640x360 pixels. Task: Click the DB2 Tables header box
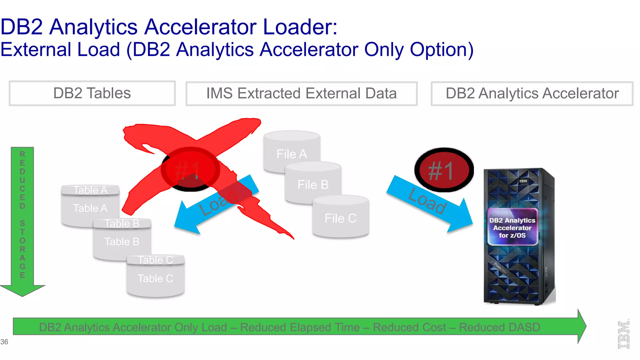(92, 93)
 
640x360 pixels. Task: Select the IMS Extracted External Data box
(301, 93)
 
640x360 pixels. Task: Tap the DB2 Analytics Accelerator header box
(532, 93)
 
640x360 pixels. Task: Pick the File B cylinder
(313, 184)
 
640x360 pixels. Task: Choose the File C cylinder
(341, 218)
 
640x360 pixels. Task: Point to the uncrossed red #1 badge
(444, 170)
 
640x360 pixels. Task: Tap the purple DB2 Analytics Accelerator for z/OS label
(512, 227)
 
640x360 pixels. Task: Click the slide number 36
(4, 342)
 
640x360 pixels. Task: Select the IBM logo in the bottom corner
(623, 335)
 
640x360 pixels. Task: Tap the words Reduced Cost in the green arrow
(409, 327)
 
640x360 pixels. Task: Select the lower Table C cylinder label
(155, 278)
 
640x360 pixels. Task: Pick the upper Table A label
(90, 190)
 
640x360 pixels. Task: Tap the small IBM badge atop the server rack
(523, 181)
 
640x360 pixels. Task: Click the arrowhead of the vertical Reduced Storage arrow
(22, 290)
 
